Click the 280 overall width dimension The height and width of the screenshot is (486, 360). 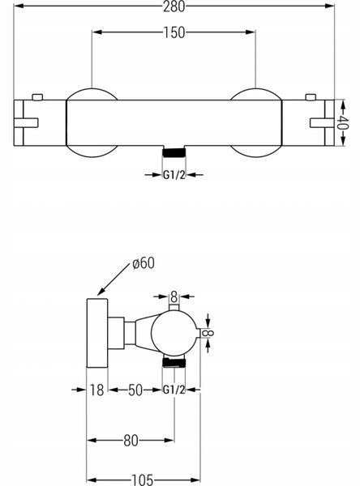(174, 6)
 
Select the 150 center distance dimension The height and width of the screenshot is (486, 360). (174, 32)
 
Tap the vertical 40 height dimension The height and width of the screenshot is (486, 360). (343, 123)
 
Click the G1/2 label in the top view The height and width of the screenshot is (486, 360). (174, 175)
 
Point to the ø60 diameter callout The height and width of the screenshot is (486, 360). (143, 263)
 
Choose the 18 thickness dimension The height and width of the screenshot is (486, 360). (96, 390)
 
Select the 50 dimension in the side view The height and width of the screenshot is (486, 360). (135, 390)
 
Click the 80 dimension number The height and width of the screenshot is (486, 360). (131, 441)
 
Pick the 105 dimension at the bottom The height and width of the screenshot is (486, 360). (143, 480)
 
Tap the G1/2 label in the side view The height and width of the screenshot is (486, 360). (174, 390)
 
